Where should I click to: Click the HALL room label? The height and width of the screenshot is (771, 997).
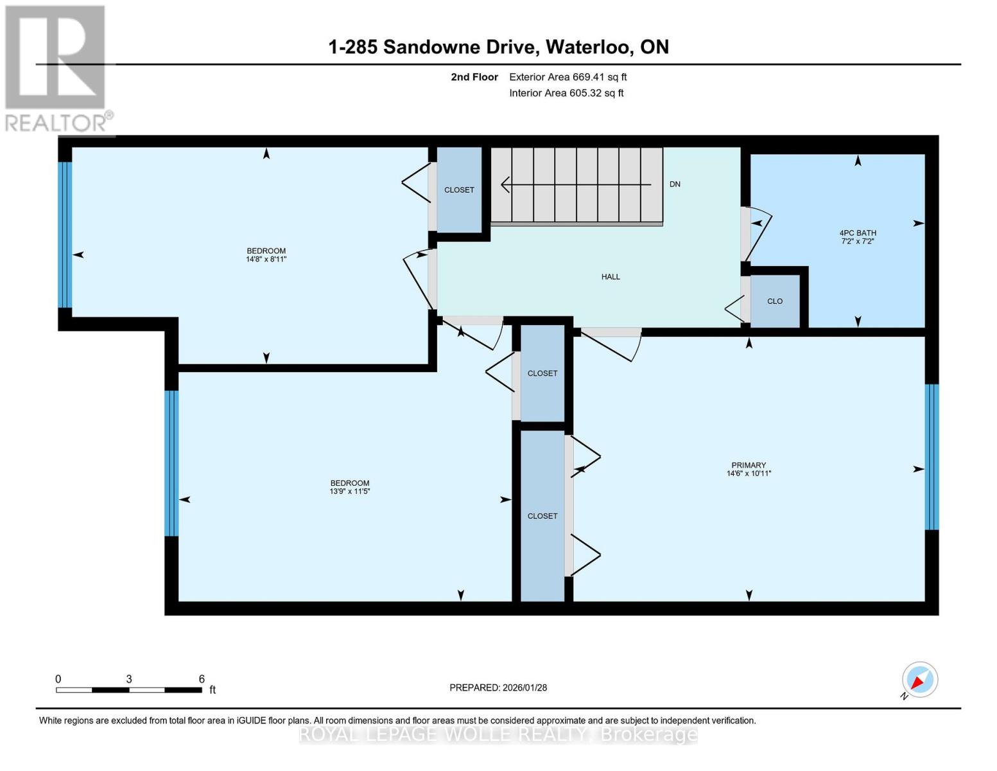[x=611, y=276]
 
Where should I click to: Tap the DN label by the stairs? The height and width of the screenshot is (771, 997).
[x=675, y=184]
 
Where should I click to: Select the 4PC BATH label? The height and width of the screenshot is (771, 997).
[x=858, y=233]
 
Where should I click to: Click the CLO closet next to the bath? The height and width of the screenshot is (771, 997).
[x=775, y=301]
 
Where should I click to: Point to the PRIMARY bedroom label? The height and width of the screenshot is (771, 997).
[x=749, y=465]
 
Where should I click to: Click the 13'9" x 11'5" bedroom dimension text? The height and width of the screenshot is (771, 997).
[x=350, y=492]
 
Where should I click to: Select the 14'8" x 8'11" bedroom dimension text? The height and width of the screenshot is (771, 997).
[x=266, y=259]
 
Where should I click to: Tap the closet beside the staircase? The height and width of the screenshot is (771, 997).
[x=459, y=190]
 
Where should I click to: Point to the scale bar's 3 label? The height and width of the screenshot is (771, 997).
[x=129, y=678]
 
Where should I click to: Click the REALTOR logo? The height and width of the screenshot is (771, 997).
[x=57, y=69]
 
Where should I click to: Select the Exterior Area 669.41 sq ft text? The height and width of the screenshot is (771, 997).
[x=568, y=77]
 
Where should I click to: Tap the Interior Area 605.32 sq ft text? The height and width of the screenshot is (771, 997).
[x=566, y=93]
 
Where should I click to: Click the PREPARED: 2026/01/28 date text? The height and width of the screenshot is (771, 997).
[x=498, y=687]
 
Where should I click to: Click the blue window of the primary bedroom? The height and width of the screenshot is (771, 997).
[x=932, y=457]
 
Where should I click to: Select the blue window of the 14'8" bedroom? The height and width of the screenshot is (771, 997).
[x=65, y=235]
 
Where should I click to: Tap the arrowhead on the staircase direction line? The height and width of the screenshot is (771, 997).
[x=505, y=184]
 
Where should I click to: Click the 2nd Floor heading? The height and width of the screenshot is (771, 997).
[x=474, y=77]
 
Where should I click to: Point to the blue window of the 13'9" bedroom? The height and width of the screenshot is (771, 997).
[x=171, y=463]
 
